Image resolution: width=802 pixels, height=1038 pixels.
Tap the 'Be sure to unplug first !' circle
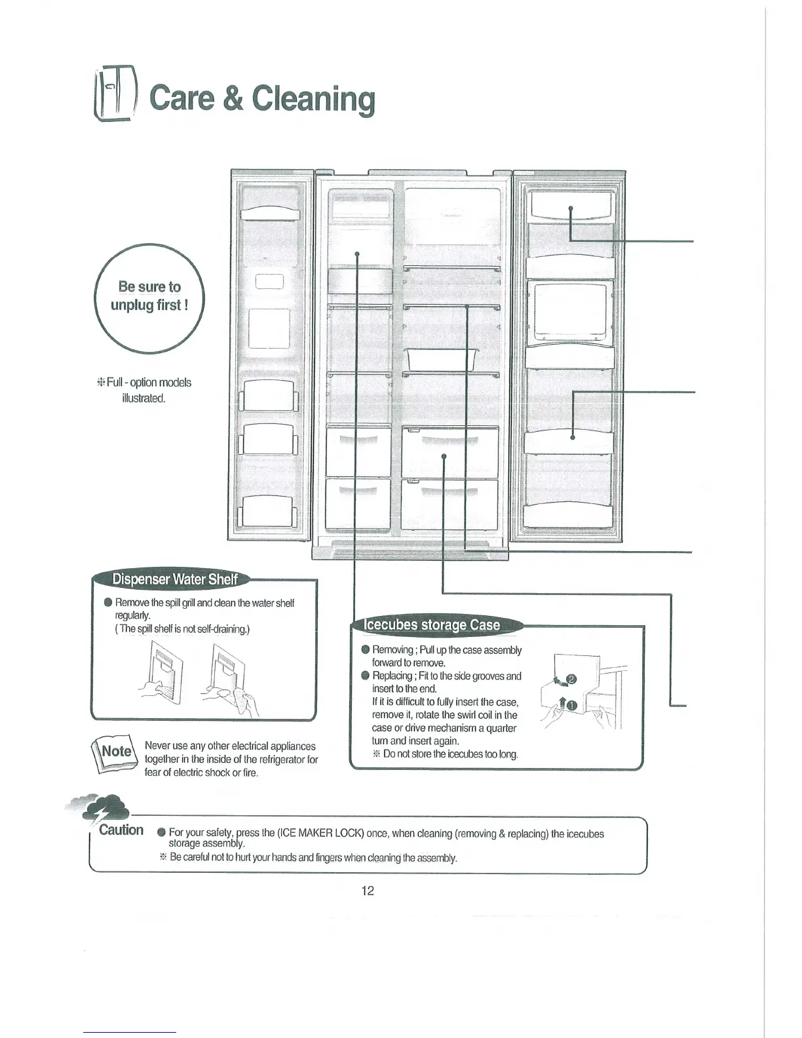(150, 296)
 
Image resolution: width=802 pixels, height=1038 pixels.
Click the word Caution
(121, 830)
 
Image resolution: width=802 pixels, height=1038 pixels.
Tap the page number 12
(368, 891)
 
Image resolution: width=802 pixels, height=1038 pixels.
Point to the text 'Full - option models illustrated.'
(145, 391)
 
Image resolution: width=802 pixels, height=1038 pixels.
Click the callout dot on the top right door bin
(571, 208)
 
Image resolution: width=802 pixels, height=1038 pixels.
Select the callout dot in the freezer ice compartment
(356, 253)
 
